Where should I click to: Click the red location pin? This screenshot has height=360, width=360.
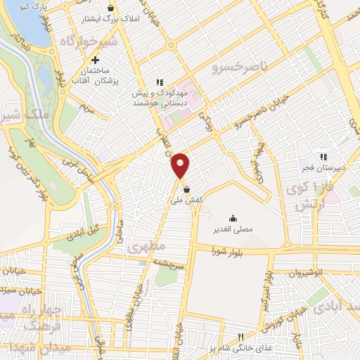tap(181, 166)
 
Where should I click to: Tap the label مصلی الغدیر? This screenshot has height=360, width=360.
tap(233, 229)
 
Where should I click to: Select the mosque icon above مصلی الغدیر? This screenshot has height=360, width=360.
tap(233, 217)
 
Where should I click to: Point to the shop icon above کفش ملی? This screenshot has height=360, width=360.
tap(186, 189)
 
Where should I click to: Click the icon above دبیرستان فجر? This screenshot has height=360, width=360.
tap(323, 157)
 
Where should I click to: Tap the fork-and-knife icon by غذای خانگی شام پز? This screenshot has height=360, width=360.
tap(240, 337)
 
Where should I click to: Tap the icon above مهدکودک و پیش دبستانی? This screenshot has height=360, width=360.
tap(160, 82)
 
